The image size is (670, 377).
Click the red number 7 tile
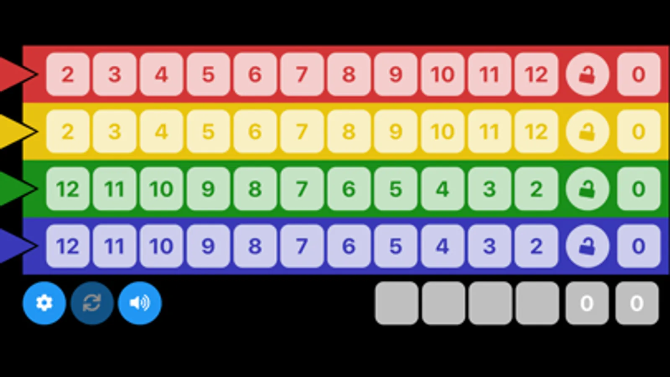click(302, 75)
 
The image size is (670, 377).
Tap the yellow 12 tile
click(536, 132)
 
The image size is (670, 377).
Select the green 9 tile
click(208, 189)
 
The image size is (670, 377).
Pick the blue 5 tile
click(396, 246)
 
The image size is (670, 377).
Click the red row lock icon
click(587, 75)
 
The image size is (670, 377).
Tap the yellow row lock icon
click(587, 132)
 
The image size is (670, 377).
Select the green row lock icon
click(587, 189)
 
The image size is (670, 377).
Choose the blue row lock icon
click(587, 246)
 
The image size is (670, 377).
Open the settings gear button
click(44, 303)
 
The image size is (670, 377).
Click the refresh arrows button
click(92, 303)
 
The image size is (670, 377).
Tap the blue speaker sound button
click(140, 303)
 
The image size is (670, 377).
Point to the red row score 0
click(638, 75)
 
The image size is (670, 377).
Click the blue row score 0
click(638, 246)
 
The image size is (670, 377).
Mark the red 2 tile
click(67, 75)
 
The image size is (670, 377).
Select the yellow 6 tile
click(255, 132)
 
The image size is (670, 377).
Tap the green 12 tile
click(67, 189)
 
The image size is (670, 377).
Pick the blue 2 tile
click(536, 246)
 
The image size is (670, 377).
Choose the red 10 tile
click(442, 75)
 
